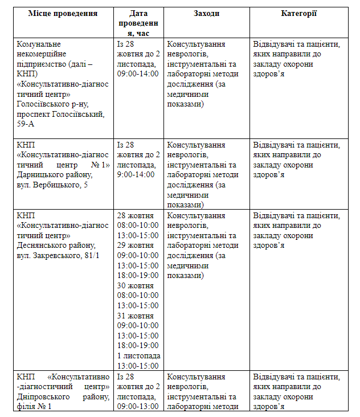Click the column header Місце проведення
63,14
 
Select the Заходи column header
206,14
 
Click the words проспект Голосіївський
61,115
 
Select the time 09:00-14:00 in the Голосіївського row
138,74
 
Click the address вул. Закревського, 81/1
58,255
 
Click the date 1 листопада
138,356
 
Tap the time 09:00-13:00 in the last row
138,407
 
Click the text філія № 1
35,407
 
